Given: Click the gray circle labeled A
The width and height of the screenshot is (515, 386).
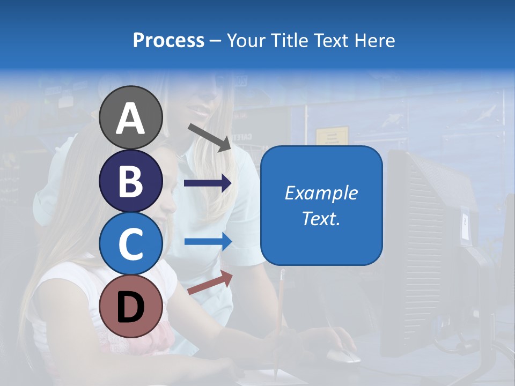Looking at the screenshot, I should point(130,117).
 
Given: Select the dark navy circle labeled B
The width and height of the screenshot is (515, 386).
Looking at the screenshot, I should point(130,181).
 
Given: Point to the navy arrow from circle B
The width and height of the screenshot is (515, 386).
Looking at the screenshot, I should point(208,183).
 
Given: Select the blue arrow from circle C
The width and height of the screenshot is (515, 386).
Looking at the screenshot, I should point(208,241).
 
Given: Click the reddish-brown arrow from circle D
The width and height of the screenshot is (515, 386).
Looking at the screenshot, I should point(210,283).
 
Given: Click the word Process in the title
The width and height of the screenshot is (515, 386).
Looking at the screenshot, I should point(168,40).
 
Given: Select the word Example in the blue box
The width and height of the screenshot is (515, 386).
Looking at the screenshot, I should point(321,193).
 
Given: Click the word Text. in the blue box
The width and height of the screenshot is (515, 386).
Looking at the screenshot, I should point(321,219).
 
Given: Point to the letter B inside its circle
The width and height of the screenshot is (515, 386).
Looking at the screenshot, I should point(130,181).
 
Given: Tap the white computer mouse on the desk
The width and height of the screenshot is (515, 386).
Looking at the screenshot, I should point(343,355).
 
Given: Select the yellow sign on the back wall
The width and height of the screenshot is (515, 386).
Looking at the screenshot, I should point(332,136).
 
